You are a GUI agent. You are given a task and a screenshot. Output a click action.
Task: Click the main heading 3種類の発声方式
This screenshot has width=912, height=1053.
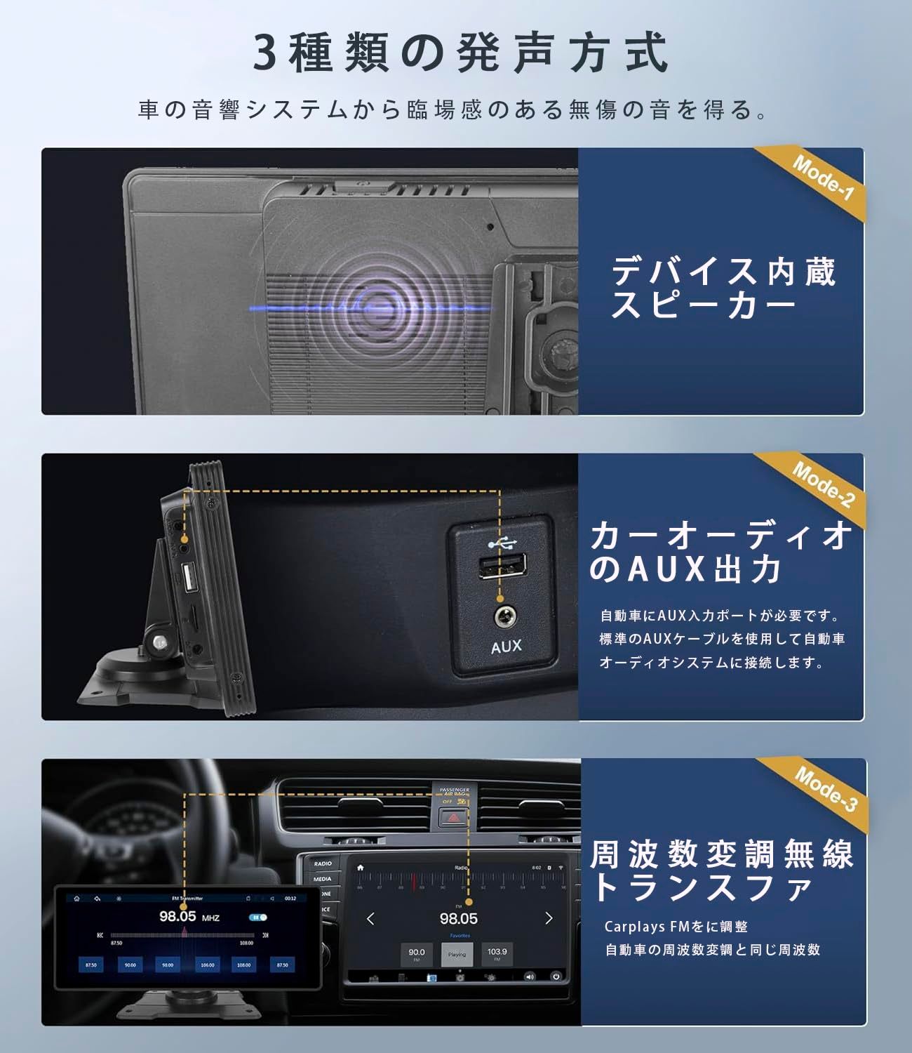[460, 53]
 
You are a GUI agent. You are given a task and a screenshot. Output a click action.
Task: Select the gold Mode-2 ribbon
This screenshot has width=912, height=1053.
[822, 484]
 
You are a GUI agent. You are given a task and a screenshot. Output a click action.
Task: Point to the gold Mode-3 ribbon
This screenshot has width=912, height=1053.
[824, 788]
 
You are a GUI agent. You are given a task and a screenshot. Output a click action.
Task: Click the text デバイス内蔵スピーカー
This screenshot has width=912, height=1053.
[723, 289]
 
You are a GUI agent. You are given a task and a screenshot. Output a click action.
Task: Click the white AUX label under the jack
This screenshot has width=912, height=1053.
[506, 647]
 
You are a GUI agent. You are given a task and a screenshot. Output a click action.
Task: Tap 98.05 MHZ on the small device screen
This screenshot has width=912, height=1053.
[187, 917]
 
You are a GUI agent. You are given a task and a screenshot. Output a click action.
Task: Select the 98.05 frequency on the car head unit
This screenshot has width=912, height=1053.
[458, 918]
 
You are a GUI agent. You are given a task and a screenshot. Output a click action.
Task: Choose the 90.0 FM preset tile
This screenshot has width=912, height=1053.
[416, 955]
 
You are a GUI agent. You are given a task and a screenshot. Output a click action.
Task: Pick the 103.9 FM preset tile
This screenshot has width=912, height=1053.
[497, 955]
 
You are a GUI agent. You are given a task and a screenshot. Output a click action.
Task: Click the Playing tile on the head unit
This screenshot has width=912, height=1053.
[457, 955]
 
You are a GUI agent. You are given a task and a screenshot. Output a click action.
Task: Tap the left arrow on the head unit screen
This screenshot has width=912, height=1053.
[371, 918]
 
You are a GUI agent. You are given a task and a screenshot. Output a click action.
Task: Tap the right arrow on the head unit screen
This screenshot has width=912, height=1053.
[549, 918]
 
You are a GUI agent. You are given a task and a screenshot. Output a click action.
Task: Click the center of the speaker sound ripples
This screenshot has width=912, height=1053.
[380, 308]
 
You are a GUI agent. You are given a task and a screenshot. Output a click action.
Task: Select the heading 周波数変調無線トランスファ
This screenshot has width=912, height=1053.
[721, 871]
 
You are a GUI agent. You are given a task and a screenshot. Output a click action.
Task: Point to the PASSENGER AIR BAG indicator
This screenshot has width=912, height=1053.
[454, 795]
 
